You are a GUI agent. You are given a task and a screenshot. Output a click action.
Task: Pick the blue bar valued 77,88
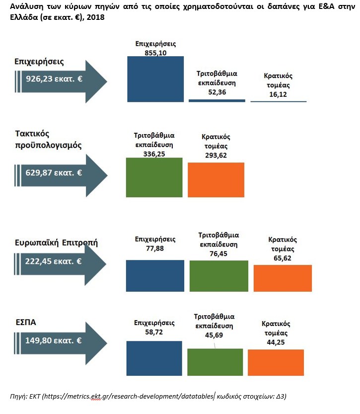click(155, 275)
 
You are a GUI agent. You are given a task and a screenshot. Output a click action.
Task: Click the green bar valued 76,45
click(218, 275)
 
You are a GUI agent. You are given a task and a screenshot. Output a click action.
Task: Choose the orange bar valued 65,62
click(283, 278)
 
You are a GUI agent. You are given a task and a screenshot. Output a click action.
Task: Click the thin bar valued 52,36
click(217, 100)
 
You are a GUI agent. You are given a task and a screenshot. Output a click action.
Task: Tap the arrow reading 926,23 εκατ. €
click(60, 79)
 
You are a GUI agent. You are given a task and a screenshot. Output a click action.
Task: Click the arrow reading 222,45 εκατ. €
click(60, 261)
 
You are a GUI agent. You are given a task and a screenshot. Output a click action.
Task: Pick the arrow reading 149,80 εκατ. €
click(60, 341)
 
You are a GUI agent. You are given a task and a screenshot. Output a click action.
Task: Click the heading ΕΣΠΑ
click(25, 322)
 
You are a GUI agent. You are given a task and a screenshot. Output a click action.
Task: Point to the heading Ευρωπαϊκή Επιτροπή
click(56, 243)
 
